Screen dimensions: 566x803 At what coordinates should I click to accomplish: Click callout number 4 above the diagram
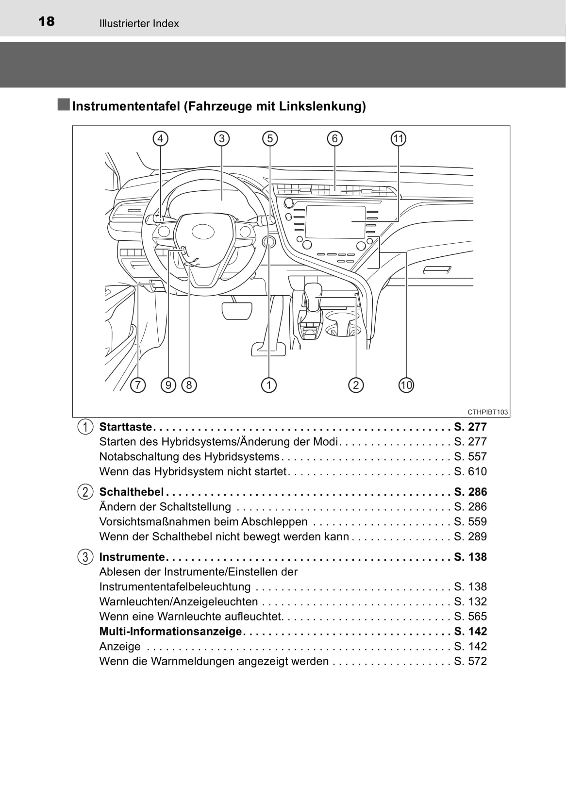160,139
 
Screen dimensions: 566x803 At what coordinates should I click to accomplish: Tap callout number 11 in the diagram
398,139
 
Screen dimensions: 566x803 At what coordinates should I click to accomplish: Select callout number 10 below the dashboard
406,385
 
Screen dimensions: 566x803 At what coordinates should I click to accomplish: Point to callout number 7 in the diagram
138,385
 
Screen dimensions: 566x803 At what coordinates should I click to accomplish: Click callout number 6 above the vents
335,139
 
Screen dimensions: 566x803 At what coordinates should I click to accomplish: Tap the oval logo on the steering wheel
203,232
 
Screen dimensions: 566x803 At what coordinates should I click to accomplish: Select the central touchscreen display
335,222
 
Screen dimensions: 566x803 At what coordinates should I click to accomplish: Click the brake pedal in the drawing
237,310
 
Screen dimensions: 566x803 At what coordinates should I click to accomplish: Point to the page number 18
47,21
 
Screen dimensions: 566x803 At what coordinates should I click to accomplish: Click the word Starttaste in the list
125,427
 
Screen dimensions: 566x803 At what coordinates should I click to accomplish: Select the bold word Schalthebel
131,492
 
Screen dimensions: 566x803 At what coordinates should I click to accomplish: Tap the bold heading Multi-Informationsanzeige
170,631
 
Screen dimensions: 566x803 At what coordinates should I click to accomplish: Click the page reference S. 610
470,471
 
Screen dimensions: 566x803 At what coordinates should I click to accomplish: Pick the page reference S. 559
470,521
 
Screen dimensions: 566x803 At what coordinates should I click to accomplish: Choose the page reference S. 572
470,661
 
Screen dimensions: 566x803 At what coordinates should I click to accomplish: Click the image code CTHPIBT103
487,412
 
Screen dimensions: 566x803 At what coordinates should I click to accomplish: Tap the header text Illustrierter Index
139,24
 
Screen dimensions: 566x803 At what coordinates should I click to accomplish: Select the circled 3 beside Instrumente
85,557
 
